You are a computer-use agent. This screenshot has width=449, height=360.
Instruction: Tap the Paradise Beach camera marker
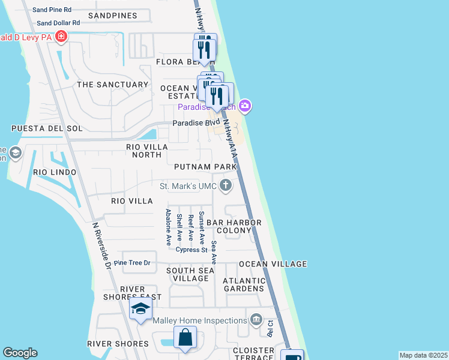tap(244, 106)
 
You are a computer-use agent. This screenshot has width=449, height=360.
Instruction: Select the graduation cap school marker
tap(140, 310)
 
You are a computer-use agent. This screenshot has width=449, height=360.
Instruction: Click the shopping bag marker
tap(185, 338)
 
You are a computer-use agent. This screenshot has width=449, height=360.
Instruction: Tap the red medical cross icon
tap(61, 37)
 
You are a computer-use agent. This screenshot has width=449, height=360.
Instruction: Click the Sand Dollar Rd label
tap(58, 23)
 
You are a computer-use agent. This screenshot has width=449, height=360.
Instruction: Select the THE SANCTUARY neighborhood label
tap(112, 85)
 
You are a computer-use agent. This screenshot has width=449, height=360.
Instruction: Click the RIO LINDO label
tap(55, 172)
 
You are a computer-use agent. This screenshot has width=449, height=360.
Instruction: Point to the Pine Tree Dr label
tap(132, 263)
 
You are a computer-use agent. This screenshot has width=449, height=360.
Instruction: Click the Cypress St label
tap(191, 250)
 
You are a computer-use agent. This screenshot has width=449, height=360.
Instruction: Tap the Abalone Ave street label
tap(169, 227)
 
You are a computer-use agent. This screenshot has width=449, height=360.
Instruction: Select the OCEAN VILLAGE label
tap(273, 264)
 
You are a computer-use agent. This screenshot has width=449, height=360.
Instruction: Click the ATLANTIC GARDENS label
tap(244, 284)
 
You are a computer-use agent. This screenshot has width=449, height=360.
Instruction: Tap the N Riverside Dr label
tap(101, 247)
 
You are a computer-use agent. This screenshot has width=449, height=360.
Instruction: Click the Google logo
tap(20, 353)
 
